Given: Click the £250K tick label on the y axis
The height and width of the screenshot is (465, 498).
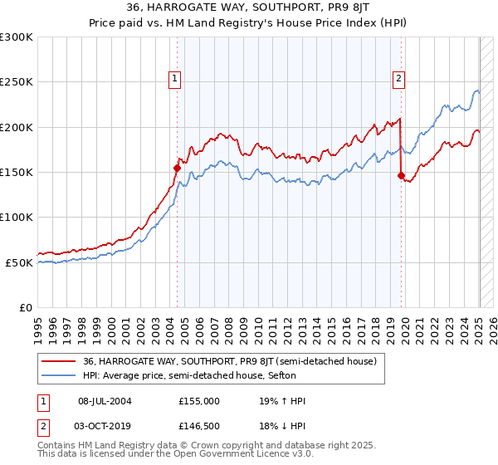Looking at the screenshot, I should click(x=16, y=82).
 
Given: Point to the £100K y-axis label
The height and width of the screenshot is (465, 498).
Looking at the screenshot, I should click(x=16, y=217).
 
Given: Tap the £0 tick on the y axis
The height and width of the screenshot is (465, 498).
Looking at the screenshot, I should click(x=25, y=307).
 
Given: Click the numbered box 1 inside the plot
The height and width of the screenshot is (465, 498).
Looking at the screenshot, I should click(x=176, y=79).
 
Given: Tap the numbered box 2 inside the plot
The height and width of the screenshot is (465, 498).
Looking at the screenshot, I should click(x=398, y=79).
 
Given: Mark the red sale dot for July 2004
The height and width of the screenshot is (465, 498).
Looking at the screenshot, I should click(x=177, y=168).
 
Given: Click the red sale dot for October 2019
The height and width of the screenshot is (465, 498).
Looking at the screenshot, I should click(x=401, y=175).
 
